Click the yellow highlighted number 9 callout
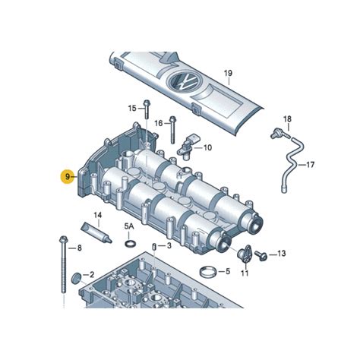coord(68,176)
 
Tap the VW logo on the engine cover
coord(185,82)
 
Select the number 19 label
coord(228,74)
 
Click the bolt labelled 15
coord(147,109)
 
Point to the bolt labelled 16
coord(172,130)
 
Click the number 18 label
coord(287,118)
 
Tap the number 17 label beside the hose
coord(310,165)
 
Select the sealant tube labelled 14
coord(96,232)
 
